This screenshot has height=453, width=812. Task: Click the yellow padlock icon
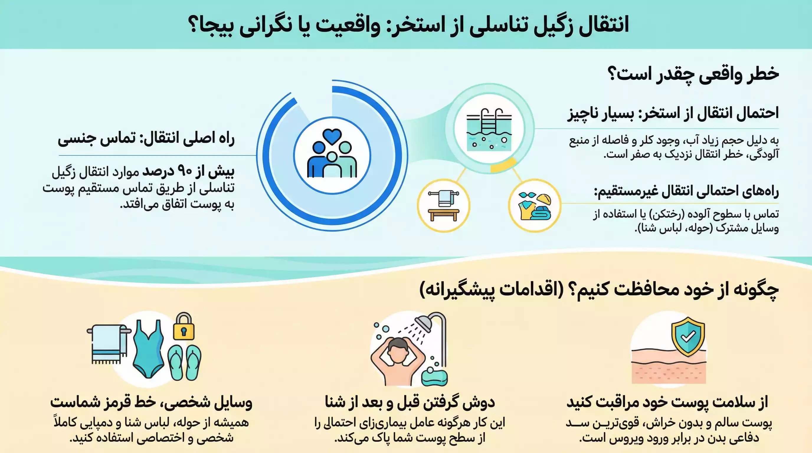pyautogui.click(x=184, y=327)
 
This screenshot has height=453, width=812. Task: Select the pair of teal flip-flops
pyautogui.click(x=184, y=362)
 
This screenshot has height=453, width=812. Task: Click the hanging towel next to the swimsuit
pyautogui.click(x=107, y=343)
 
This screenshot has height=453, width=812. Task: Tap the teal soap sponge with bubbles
pyautogui.click(x=434, y=376)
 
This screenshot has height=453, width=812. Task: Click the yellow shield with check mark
pyautogui.click(x=688, y=337)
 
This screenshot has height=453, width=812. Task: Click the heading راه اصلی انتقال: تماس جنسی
pyautogui.click(x=146, y=139)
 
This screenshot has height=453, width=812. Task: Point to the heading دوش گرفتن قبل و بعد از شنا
pyautogui.click(x=410, y=402)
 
